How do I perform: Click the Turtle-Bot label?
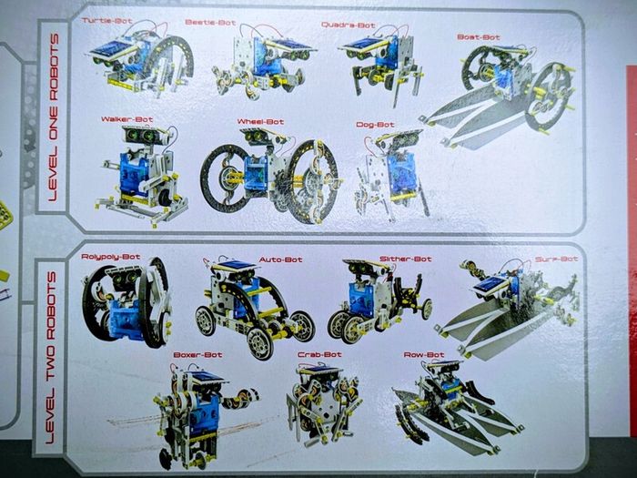point(107,21)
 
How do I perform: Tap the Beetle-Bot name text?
point(210,23)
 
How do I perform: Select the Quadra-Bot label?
point(349,25)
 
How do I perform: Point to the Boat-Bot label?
point(479,37)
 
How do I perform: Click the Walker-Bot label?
point(127,119)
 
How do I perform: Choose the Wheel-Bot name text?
point(260,121)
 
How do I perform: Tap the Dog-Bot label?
point(375,125)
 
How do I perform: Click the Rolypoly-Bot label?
point(111,257)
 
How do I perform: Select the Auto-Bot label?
point(280,259)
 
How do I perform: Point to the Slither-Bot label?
point(406,259)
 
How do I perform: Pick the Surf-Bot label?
point(556,259)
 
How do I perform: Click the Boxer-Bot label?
point(197,355)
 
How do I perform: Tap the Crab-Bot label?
point(319,354)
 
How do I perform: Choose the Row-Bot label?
point(424,355)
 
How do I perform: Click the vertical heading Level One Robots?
point(53,117)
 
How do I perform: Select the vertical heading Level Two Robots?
point(50,358)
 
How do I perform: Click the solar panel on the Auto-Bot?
point(237,266)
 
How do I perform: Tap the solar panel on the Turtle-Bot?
point(113,49)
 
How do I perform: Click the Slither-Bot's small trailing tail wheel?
point(427,309)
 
